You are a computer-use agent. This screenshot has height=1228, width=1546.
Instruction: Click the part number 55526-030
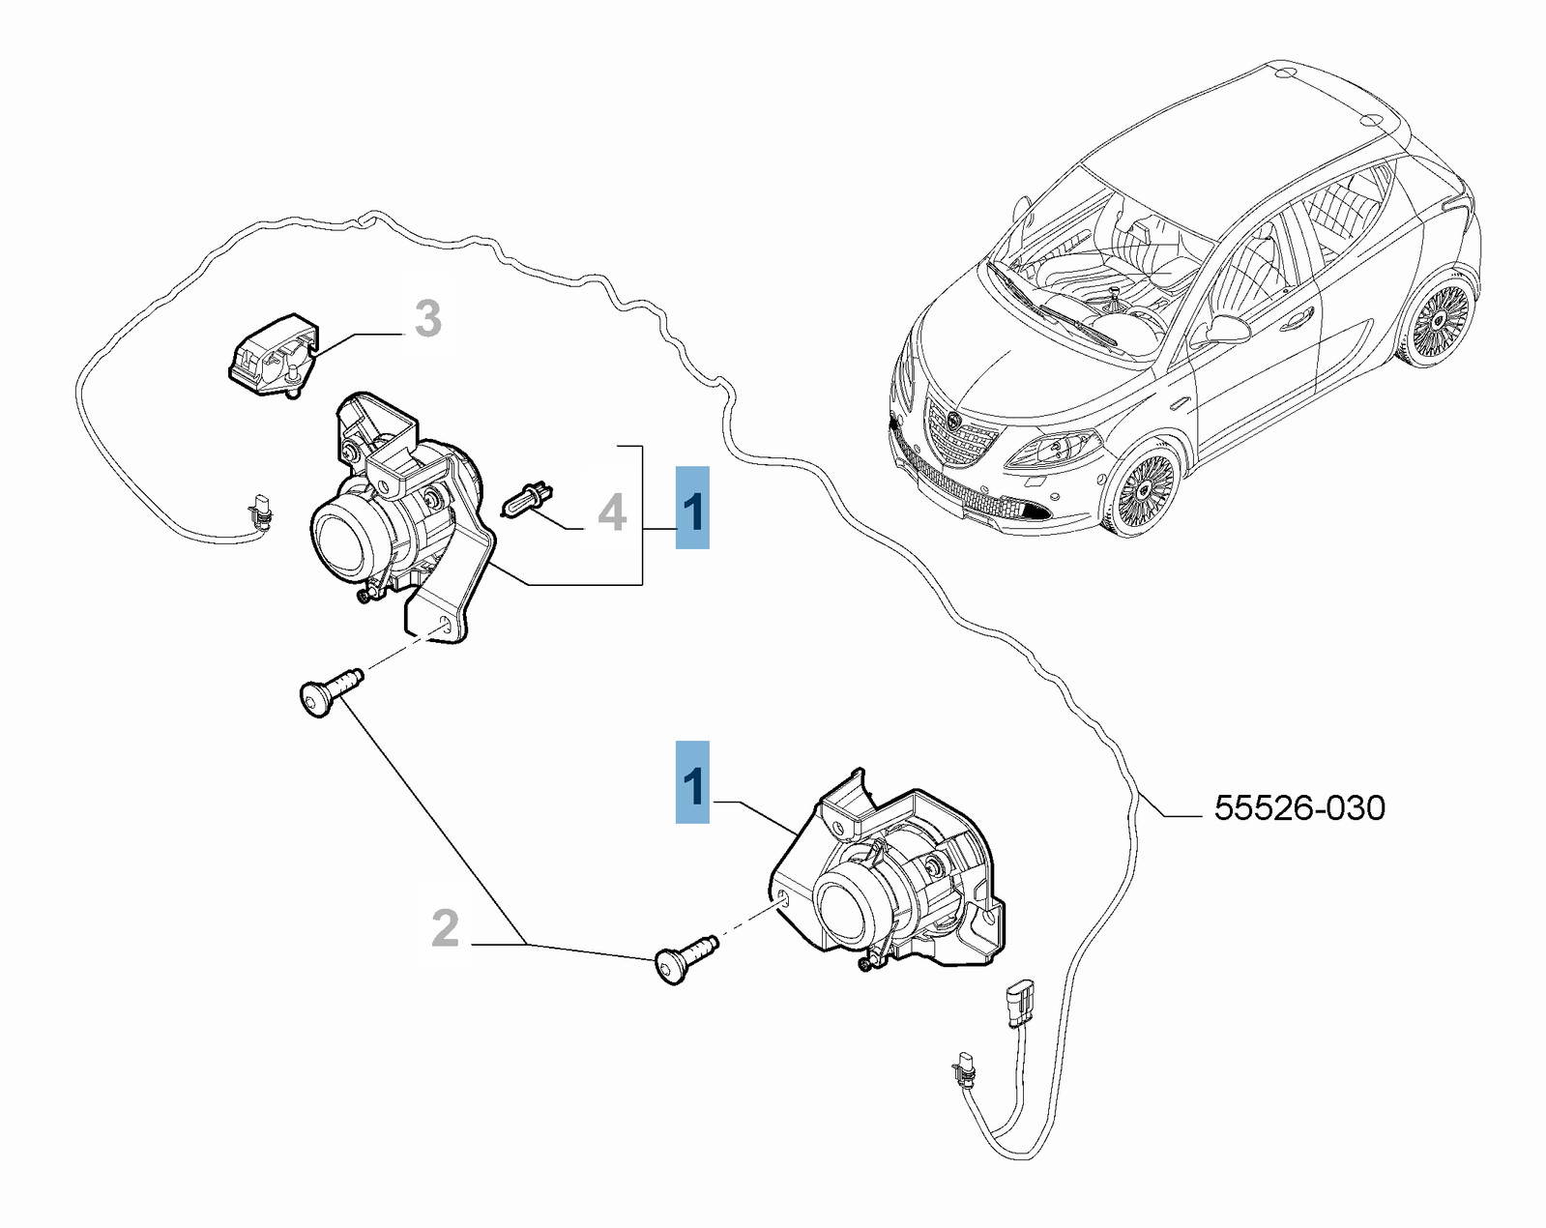click(x=1299, y=808)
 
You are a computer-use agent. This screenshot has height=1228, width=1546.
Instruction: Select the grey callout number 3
click(x=427, y=318)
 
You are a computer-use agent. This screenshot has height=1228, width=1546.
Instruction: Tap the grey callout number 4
click(x=612, y=512)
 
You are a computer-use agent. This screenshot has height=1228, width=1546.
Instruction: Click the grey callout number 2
click(x=445, y=928)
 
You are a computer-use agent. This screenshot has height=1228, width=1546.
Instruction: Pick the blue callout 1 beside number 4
click(x=692, y=508)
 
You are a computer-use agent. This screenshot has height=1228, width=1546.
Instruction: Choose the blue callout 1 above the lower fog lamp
click(x=692, y=782)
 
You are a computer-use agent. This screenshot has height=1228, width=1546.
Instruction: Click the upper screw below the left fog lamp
click(x=330, y=688)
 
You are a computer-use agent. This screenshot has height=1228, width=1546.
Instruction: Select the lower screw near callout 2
click(x=685, y=958)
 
